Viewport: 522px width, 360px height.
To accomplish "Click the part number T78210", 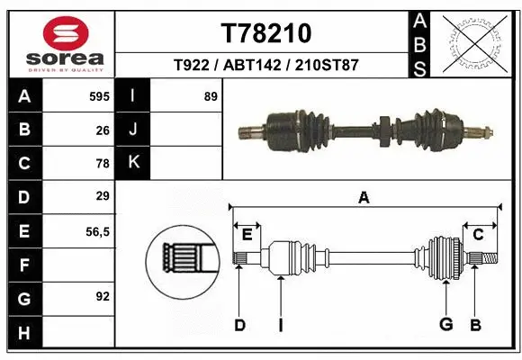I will (x=265, y=33).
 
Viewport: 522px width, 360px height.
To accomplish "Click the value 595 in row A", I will (x=98, y=96).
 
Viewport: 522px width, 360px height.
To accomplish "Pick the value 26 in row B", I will (x=103, y=130).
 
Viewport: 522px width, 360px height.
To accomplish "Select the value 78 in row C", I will (x=103, y=164).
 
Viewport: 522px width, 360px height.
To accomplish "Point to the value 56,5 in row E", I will (x=96, y=231).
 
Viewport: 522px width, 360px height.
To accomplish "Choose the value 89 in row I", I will (x=211, y=96).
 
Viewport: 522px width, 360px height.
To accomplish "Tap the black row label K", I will (x=133, y=163).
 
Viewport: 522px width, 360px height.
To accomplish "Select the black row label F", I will (x=24, y=265).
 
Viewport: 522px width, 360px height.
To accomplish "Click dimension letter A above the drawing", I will (x=364, y=198).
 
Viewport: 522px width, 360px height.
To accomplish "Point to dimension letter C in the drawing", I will (x=478, y=234).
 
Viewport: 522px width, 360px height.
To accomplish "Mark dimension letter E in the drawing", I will (x=247, y=234).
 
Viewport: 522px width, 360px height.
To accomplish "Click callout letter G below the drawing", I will (x=445, y=324).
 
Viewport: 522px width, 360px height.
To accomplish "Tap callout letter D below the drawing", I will (x=239, y=325).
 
